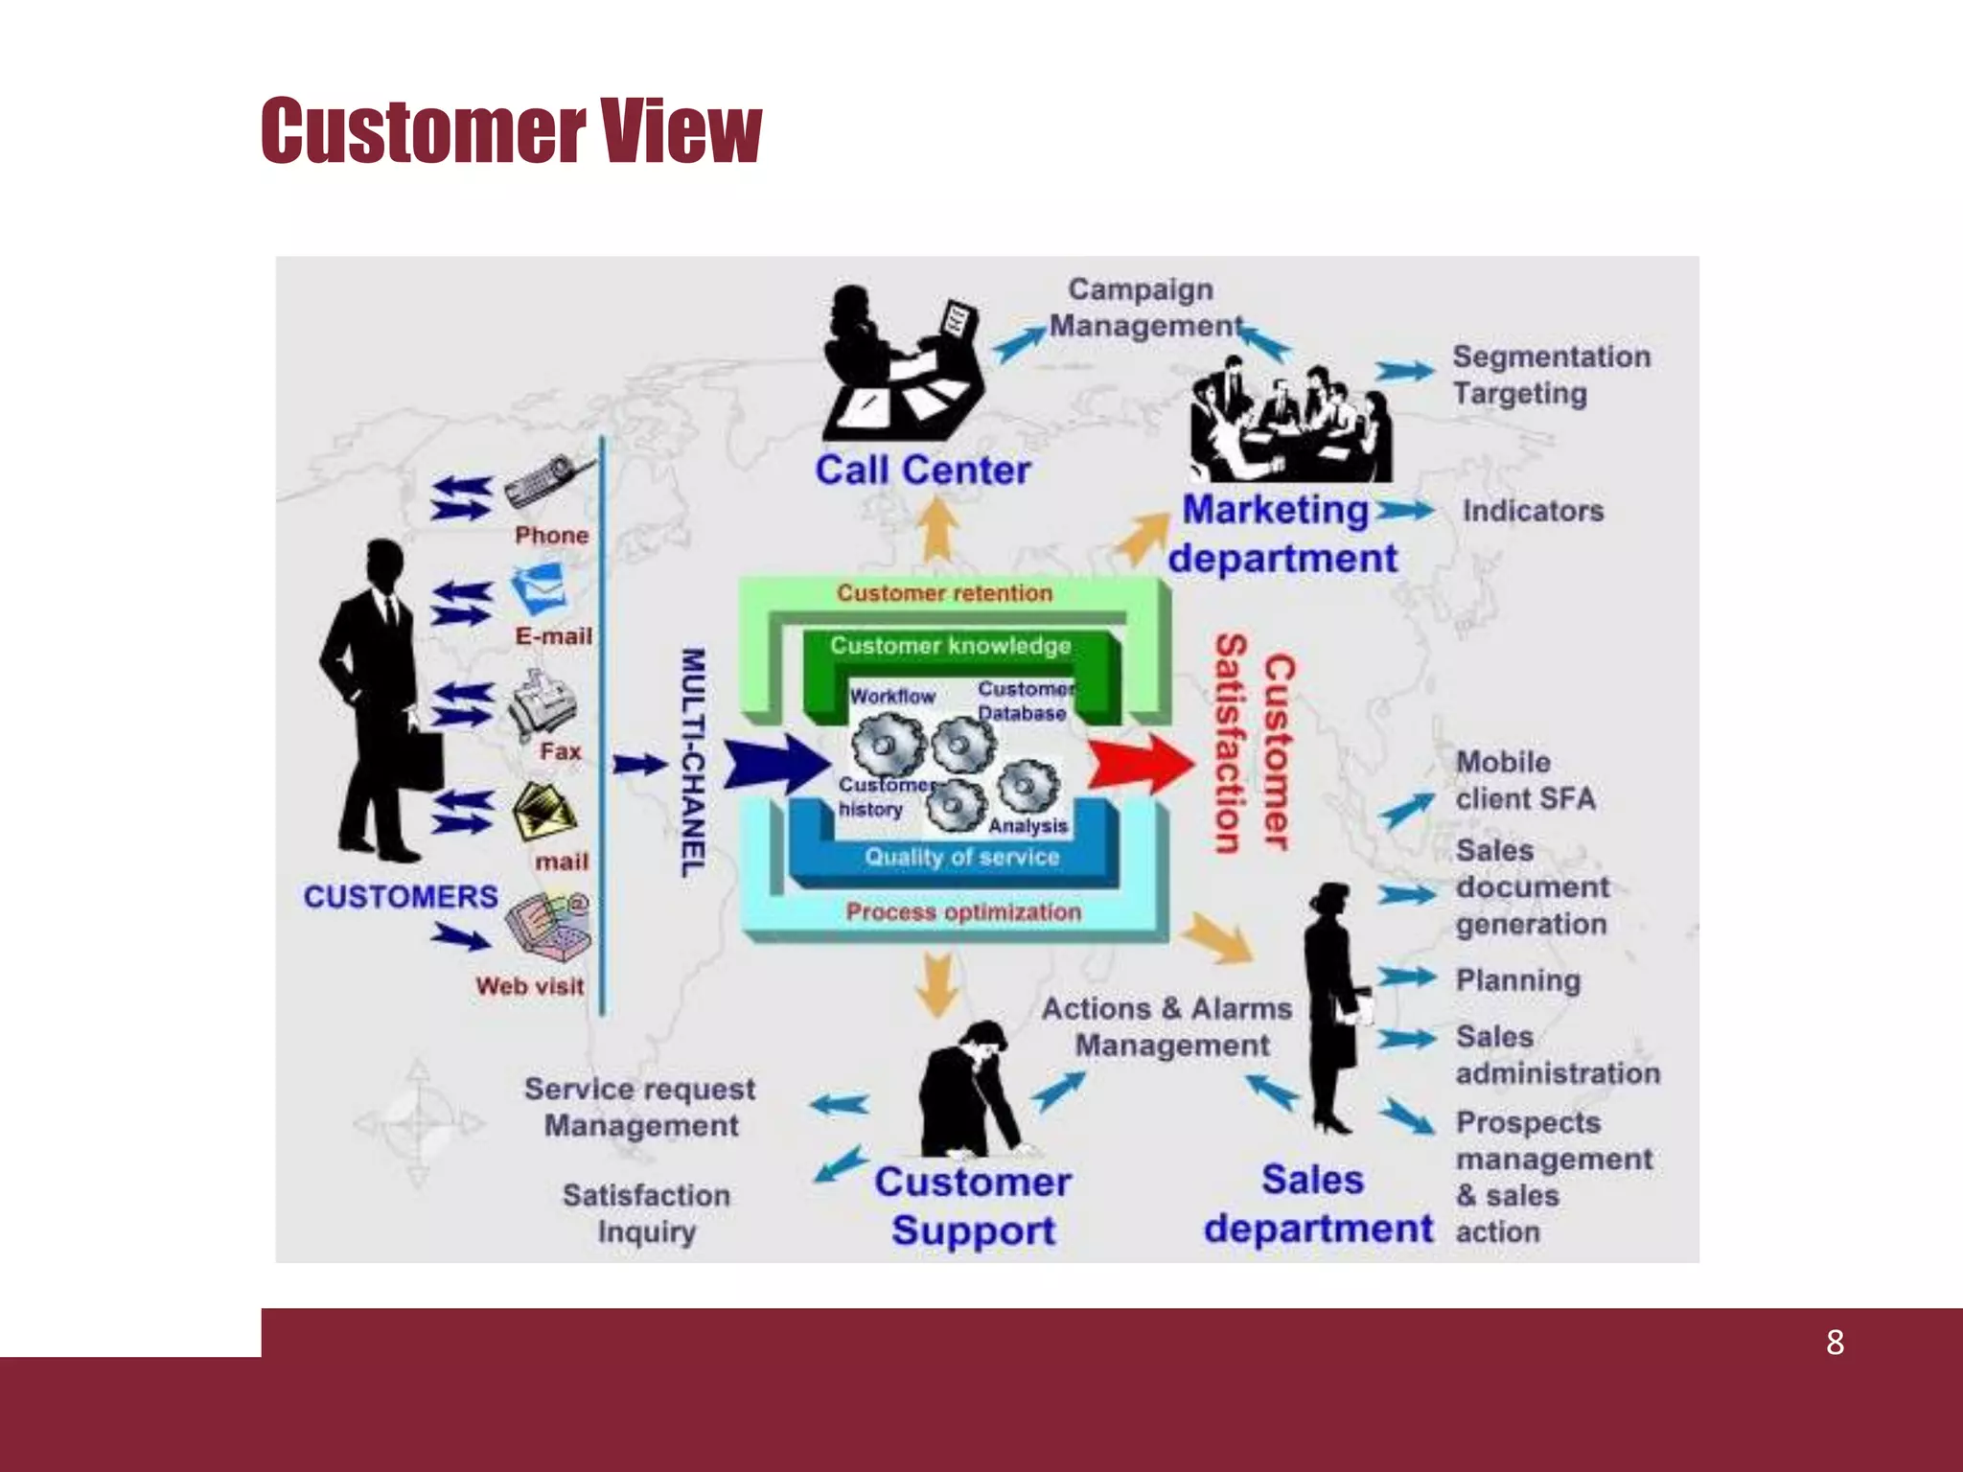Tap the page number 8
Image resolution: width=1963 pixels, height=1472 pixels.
(1835, 1343)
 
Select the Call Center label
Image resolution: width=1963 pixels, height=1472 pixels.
(922, 471)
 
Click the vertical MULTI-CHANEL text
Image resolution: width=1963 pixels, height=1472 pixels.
(693, 762)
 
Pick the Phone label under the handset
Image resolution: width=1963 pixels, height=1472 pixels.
(551, 535)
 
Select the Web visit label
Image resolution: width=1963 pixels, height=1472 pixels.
(529, 986)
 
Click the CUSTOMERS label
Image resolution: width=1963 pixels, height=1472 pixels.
(401, 897)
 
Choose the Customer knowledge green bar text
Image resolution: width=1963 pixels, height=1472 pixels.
(950, 646)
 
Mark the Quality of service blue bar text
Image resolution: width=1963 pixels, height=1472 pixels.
(961, 857)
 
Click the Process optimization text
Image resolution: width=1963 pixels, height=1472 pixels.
(962, 912)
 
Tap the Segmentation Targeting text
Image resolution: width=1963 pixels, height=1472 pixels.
(1550, 375)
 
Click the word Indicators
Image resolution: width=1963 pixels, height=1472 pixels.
(1532, 511)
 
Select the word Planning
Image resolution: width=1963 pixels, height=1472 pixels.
(1517, 980)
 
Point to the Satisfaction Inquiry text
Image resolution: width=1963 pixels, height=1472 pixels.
(646, 1213)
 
